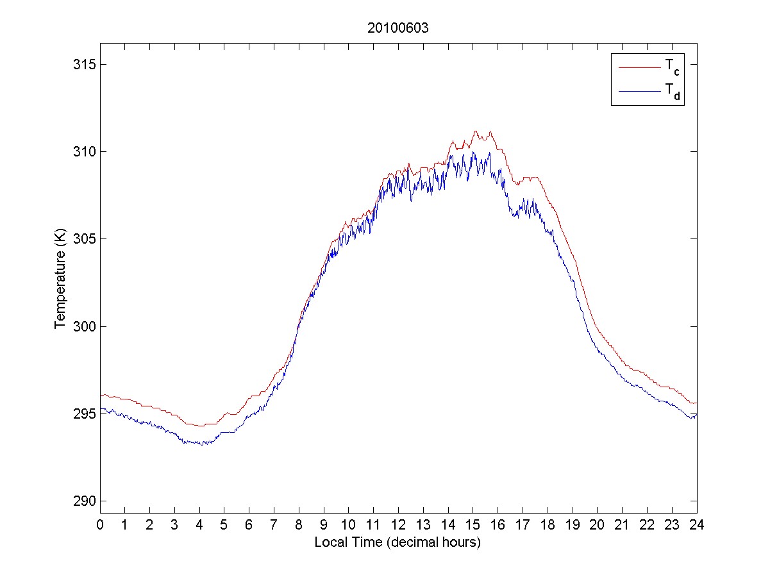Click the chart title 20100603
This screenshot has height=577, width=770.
point(398,28)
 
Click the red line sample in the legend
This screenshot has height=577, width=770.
point(639,67)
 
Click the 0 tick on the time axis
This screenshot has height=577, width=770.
point(100,524)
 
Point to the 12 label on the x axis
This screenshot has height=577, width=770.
point(398,524)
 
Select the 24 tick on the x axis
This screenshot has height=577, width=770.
point(697,524)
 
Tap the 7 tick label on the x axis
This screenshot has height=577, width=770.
point(274,524)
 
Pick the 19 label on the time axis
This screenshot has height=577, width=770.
point(573,524)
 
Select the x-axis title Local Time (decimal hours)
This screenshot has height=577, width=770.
point(398,542)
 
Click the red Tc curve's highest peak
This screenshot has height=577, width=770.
point(476,131)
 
